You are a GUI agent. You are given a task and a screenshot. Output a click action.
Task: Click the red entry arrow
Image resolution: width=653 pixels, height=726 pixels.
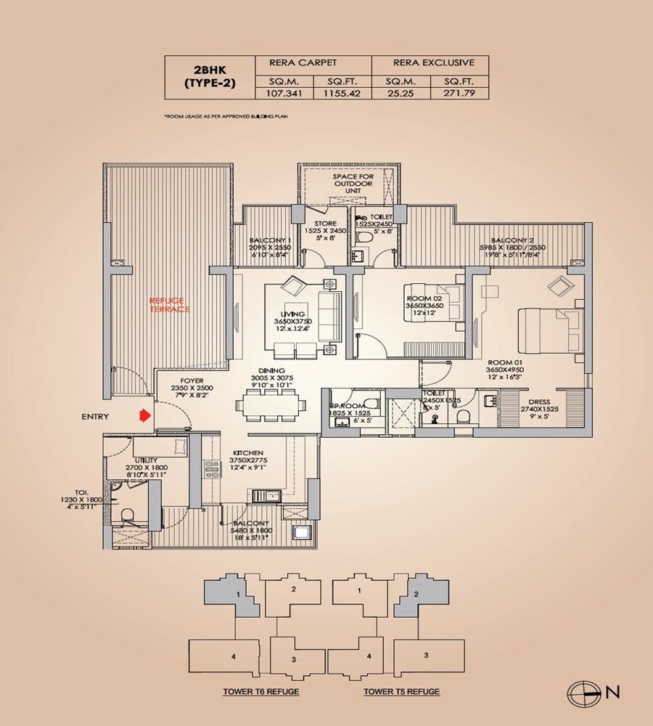pos(144,416)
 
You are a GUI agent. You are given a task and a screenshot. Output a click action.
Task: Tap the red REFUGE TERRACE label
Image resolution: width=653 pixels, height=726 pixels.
pos(168,304)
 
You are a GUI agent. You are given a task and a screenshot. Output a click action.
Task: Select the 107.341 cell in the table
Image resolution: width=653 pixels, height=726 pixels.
pos(284,94)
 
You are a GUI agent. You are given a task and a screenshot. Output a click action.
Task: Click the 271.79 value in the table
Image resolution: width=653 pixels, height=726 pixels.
pos(459,94)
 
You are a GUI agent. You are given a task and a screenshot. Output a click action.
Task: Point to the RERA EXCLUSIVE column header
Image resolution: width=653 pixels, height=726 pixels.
pos(430,63)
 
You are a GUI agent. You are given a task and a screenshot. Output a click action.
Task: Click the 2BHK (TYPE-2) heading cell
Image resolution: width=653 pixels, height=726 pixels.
pos(210,77)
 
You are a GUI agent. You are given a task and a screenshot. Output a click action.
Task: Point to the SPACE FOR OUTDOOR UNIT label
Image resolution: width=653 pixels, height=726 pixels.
pos(353,184)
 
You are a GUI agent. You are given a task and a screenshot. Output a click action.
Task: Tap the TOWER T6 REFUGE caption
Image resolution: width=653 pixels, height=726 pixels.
pos(262,692)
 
